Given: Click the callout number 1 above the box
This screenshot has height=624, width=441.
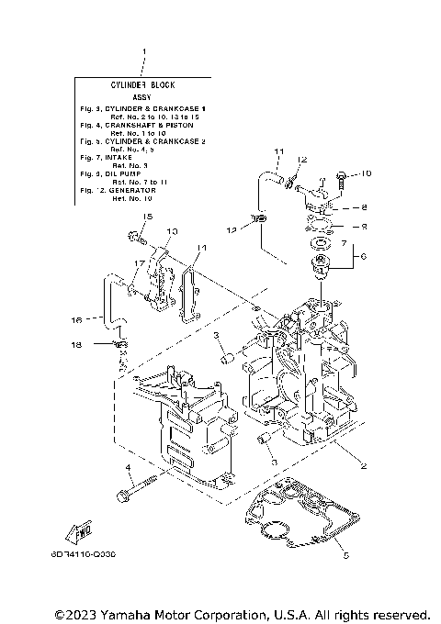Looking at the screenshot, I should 143,52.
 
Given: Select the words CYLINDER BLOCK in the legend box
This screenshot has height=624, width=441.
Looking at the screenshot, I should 142,84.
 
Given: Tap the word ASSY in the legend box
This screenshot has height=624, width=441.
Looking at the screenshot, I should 142,95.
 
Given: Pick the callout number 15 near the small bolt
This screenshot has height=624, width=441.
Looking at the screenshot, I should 145,216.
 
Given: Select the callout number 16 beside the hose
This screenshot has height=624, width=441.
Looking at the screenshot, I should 77,319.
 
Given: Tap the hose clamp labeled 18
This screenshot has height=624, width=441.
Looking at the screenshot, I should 120,345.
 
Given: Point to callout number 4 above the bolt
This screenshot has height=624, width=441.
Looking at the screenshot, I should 130,469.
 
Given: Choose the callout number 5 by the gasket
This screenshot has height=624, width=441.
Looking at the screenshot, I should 345,555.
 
